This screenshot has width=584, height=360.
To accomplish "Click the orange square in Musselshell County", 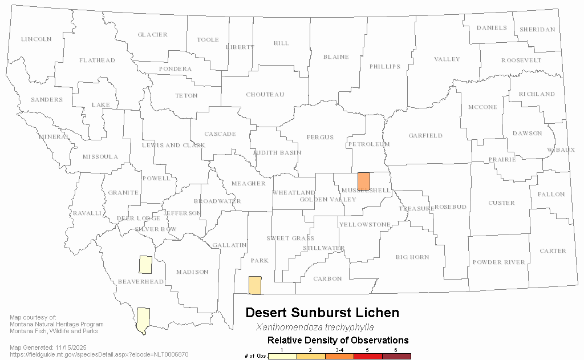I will pos(363,181).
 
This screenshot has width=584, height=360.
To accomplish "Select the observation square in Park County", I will pos(255,285).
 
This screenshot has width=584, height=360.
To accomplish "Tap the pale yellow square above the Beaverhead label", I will pos(145,265).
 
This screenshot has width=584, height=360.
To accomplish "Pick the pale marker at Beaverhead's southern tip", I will pos(143,318).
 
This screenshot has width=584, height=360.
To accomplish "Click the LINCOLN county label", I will pos(36,39).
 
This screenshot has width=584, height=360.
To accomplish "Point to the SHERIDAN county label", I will pos(537,30).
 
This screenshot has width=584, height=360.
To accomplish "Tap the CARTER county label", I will pos(553,251).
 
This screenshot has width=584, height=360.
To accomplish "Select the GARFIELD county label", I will pos(425,136).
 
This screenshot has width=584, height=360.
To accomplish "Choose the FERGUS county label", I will pos(320,137).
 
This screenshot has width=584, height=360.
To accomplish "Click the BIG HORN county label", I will pos(412,257).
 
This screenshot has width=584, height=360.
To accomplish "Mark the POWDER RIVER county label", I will pos(498,262).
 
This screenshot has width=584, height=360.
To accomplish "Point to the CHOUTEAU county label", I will pos(265,95).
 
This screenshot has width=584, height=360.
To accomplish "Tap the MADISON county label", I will pos(192,272).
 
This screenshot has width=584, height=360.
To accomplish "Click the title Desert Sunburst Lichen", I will pos(322,313).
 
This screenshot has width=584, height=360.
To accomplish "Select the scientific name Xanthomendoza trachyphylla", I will pos(315,327).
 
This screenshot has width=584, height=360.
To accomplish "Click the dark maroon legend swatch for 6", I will pos(396,356).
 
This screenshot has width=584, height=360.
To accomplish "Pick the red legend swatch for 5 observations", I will pos(368,356).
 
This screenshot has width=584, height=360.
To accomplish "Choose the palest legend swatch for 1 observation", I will pos(282,356).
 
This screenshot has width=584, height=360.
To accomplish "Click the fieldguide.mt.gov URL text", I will pos(99,354).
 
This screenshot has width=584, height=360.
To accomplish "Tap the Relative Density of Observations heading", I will pos(338,341).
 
